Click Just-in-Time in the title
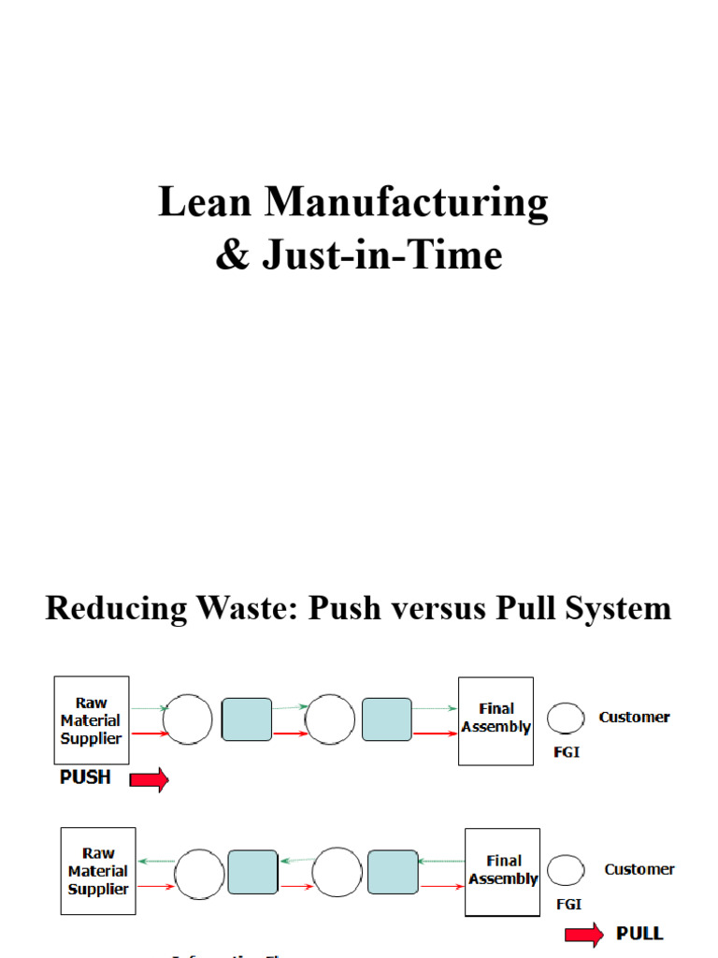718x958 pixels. (x=381, y=255)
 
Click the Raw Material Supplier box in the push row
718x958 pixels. (x=92, y=720)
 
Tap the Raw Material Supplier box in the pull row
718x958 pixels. (x=98, y=871)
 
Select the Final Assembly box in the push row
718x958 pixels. (x=495, y=720)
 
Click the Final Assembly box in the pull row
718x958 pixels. (x=502, y=870)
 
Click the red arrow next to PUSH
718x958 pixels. (x=149, y=779)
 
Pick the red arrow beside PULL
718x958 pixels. (x=584, y=933)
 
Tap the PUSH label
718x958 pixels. (x=85, y=777)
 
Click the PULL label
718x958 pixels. (x=639, y=933)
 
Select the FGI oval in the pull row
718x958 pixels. (x=566, y=870)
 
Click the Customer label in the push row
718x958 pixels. (x=634, y=718)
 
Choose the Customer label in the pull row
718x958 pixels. (x=639, y=869)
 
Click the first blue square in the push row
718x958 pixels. (x=247, y=719)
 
